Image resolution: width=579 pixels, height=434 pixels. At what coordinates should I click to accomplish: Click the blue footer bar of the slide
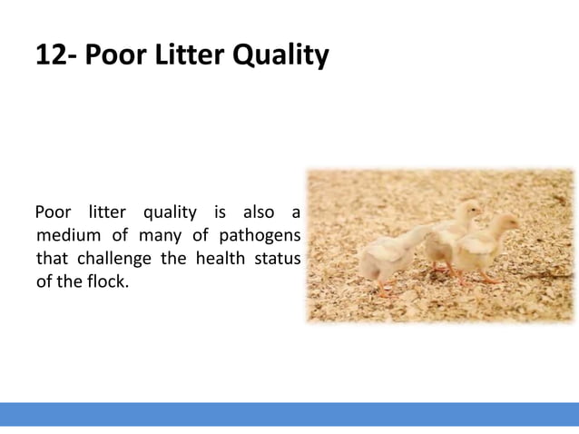coord(289,414)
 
